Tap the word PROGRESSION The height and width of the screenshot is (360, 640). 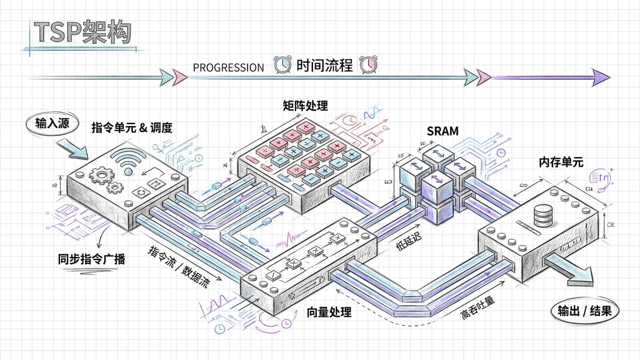point(228,68)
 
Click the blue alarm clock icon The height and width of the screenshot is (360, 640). point(282,64)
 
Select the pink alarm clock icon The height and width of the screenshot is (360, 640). point(369,64)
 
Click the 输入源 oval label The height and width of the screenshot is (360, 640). point(52,124)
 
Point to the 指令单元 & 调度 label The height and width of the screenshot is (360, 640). point(132,128)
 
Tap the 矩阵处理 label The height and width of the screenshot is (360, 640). point(305,106)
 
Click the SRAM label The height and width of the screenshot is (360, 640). point(443,131)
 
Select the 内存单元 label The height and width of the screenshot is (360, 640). point(561,162)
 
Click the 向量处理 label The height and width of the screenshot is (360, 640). point(329,312)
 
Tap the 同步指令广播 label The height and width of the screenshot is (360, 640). point(91,259)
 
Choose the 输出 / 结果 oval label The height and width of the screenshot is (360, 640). point(585,311)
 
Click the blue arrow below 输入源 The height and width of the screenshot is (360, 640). point(72,149)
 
